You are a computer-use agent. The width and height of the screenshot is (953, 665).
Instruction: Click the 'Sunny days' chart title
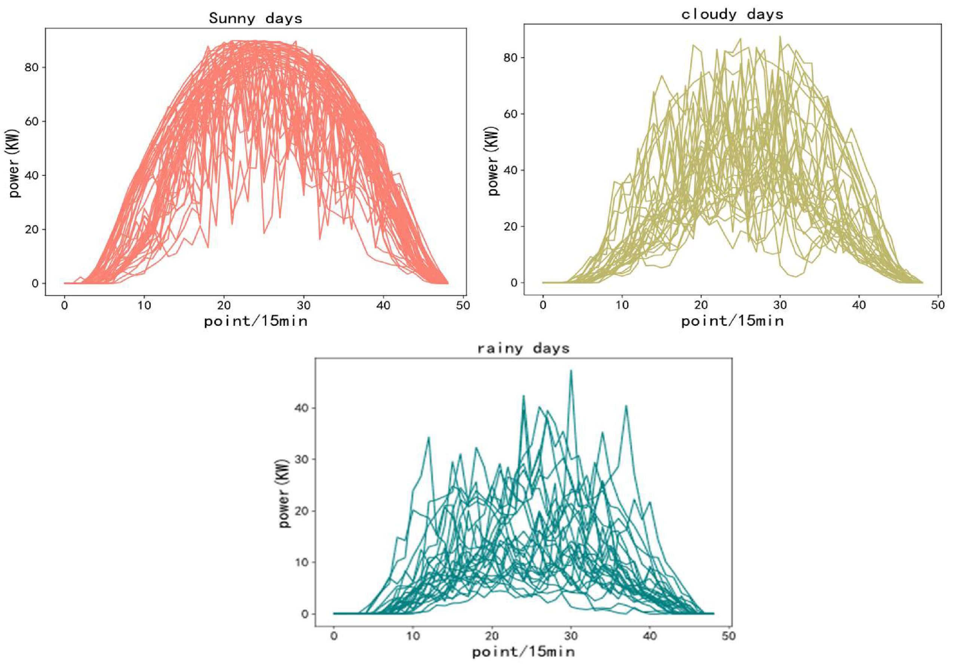click(255, 18)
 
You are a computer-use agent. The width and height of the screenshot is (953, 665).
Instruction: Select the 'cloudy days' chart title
click(732, 15)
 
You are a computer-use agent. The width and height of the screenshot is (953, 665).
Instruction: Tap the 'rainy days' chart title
click(523, 348)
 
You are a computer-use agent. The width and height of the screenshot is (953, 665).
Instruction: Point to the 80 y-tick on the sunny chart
click(31, 68)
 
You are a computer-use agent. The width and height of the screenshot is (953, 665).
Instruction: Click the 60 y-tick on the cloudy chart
click(511, 114)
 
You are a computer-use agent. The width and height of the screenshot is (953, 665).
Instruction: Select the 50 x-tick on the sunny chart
click(463, 306)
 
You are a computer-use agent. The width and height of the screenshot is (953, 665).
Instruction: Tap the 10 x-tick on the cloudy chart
click(622, 305)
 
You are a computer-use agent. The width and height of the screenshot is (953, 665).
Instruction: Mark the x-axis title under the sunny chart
click(255, 321)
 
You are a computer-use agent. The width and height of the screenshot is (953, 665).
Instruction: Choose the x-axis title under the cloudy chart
click(732, 321)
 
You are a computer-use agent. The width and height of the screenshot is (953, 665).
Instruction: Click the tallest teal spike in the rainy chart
click(571, 371)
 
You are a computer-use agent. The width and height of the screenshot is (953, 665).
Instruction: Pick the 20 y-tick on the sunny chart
click(31, 230)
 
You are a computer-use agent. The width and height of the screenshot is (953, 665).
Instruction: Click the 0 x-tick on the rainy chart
click(334, 635)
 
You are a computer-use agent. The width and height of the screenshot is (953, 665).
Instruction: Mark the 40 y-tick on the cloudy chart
click(511, 170)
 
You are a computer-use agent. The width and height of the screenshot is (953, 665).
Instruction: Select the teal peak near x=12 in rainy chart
click(429, 437)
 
